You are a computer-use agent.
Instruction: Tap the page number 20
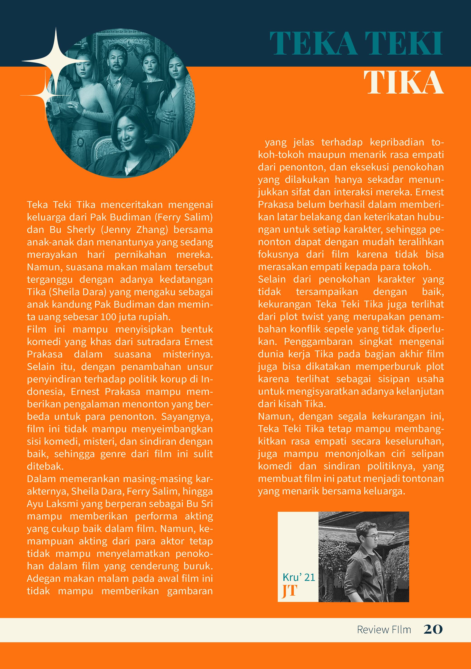pos(433,629)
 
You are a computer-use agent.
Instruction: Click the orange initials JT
pos(290,591)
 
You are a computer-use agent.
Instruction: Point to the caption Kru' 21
pos(299,577)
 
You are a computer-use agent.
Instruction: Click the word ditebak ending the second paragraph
pos(45,466)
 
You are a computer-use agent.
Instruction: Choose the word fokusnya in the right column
pos(278,254)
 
